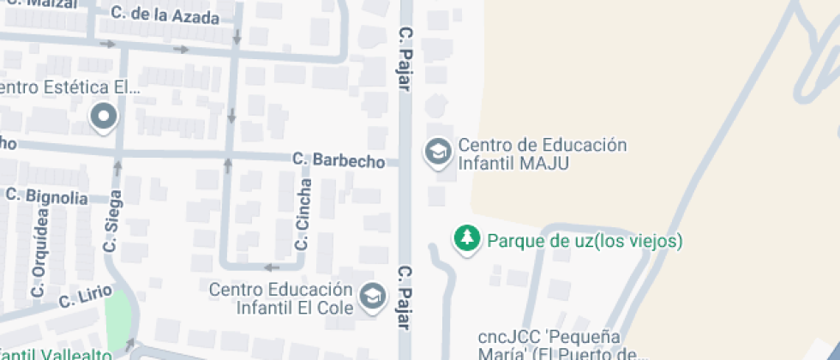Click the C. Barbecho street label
pyautogui.click(x=338, y=159)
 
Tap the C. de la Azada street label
pyautogui.click(x=165, y=15)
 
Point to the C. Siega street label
pyautogui.click(x=111, y=220)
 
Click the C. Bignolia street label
pyautogui.click(x=46, y=196)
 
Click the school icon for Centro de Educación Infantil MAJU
pyautogui.click(x=439, y=153)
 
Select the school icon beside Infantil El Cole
pyautogui.click(x=372, y=297)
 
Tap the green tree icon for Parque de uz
pyautogui.click(x=466, y=240)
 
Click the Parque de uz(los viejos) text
pyautogui.click(x=585, y=241)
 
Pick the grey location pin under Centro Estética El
pyautogui.click(x=104, y=117)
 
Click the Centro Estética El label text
pyautogui.click(x=69, y=87)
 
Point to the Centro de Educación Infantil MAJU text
pyautogui.click(x=542, y=153)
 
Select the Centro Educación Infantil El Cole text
pyautogui.click(x=281, y=297)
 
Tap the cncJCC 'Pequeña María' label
pyautogui.click(x=561, y=345)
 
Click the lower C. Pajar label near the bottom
pyautogui.click(x=405, y=297)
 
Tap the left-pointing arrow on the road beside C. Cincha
pyautogui.click(x=272, y=267)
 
